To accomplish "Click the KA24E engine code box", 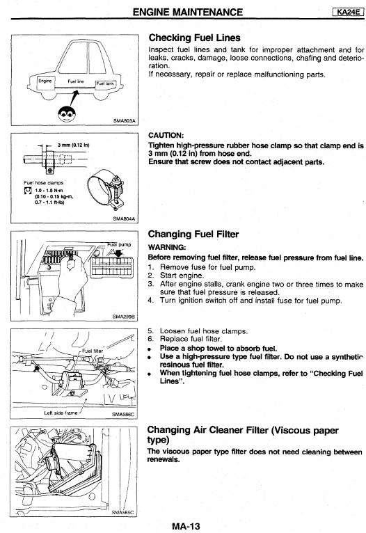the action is pyautogui.click(x=348, y=12).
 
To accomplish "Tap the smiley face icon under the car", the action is pyautogui.click(x=65, y=114).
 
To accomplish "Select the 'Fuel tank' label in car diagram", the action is pyautogui.click(x=105, y=83).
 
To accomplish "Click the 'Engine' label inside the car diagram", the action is pyautogui.click(x=45, y=81).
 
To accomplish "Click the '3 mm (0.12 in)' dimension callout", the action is pyautogui.click(x=73, y=145).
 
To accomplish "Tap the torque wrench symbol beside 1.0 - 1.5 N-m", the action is pyautogui.click(x=28, y=191).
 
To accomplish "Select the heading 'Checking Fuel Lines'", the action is pyautogui.click(x=194, y=38).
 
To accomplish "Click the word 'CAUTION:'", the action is pyautogui.click(x=166, y=135).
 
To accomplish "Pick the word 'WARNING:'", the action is pyautogui.click(x=167, y=247).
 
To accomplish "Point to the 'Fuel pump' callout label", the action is pyautogui.click(x=119, y=244).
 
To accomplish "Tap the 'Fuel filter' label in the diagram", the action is pyautogui.click(x=93, y=351).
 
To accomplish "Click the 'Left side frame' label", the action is pyautogui.click(x=61, y=413).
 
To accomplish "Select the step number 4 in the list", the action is pyautogui.click(x=150, y=300).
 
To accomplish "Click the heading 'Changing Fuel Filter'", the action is pyautogui.click(x=193, y=234).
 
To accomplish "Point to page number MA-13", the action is pyautogui.click(x=186, y=527).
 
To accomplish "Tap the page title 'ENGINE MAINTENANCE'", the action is pyautogui.click(x=188, y=13).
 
